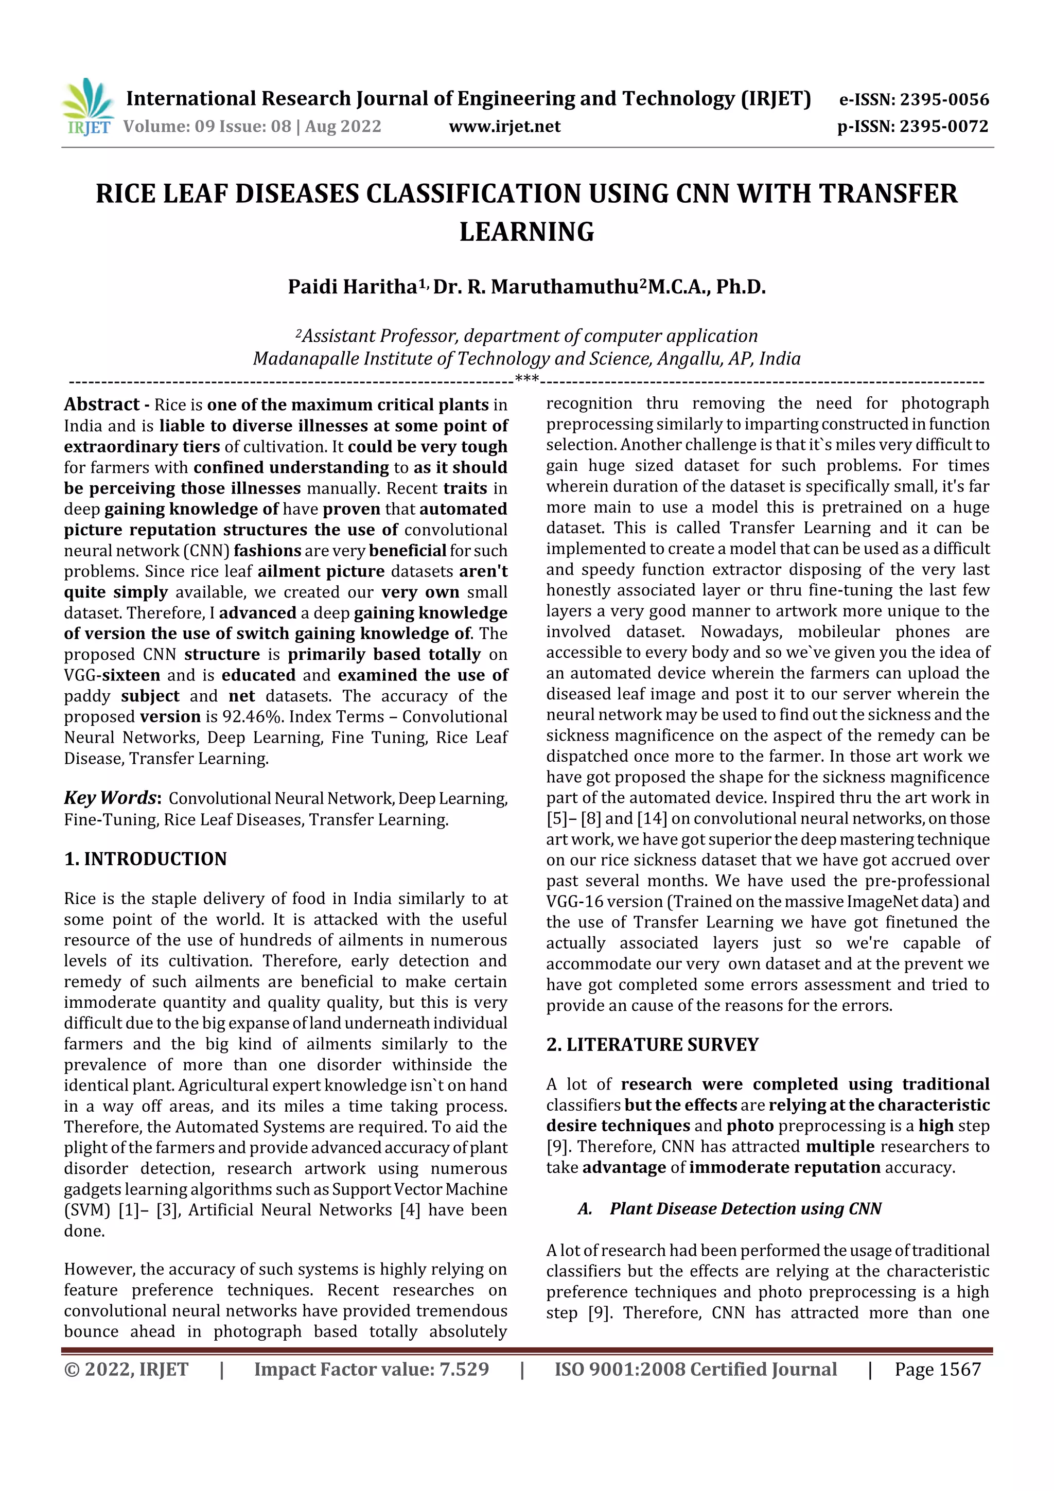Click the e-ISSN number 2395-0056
pyautogui.click(x=945, y=99)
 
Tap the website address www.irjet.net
pyautogui.click(x=504, y=126)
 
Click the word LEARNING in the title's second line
pyautogui.click(x=526, y=232)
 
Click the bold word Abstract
pyautogui.click(x=102, y=405)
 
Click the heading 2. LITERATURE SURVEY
pyautogui.click(x=652, y=1044)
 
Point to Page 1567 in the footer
pyautogui.click(x=937, y=1370)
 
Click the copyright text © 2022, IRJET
pyautogui.click(x=126, y=1370)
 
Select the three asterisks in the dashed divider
pyautogui.click(x=526, y=379)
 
